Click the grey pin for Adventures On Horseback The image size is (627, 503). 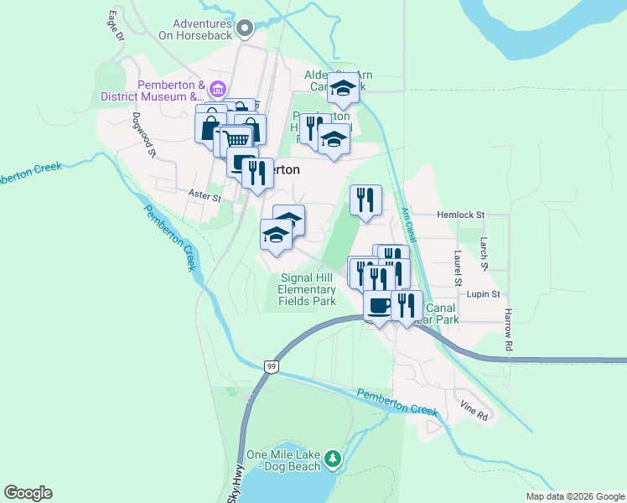245,29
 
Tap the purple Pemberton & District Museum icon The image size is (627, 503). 217,90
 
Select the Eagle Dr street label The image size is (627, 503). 116,26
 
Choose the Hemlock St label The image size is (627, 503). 461,215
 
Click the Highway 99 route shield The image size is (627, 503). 271,366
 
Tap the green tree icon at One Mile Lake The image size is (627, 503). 334,458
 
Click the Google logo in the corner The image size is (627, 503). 28,493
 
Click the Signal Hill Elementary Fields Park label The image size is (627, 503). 307,289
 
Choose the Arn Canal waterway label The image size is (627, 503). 408,222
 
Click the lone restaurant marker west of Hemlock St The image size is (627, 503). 365,200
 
